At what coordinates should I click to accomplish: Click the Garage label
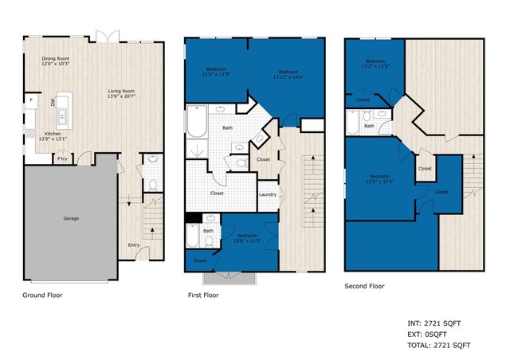[x=75, y=217]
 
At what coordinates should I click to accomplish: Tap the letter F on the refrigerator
[x=29, y=100]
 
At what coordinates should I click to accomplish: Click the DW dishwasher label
[x=53, y=103]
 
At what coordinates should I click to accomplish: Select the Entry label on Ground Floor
[x=134, y=245]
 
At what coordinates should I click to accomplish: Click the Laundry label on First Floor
[x=268, y=194]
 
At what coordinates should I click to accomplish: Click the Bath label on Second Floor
[x=369, y=126]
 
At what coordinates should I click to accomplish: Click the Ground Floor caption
[x=42, y=295]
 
